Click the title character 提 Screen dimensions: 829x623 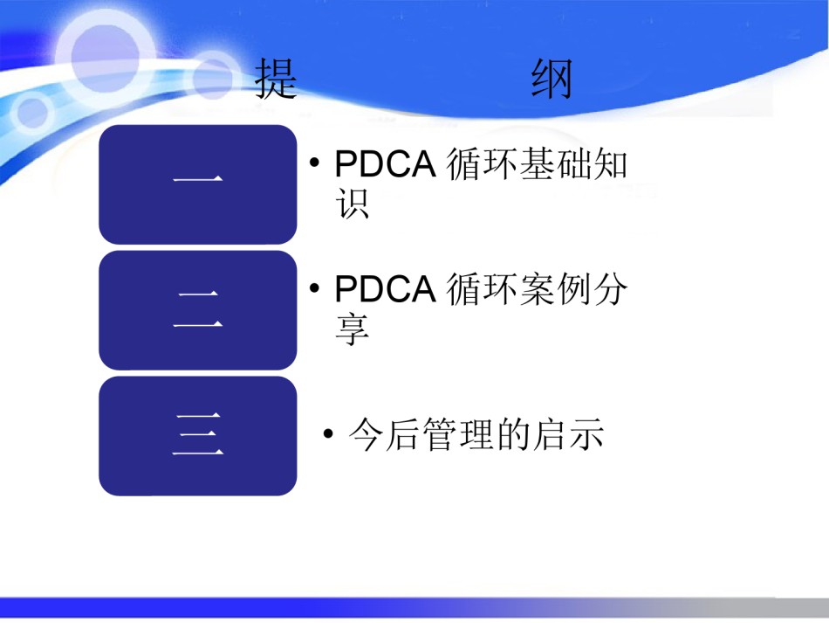point(276,79)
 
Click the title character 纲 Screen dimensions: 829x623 point(552,79)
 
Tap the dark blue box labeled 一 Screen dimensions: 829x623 point(198,184)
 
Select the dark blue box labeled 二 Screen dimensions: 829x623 point(198,310)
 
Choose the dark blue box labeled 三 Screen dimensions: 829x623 point(198,436)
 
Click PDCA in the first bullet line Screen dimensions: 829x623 point(386,163)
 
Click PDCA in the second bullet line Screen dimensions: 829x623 point(386,289)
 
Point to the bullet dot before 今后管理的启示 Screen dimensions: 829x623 point(328,434)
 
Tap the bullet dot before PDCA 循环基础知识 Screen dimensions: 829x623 point(314,162)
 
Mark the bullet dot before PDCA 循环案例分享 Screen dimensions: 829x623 point(314,288)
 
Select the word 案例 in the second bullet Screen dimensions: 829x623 point(556,289)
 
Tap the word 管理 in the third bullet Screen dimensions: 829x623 point(458,434)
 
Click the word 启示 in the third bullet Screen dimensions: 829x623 point(569,434)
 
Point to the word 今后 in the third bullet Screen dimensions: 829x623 point(384,434)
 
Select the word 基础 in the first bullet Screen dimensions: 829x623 point(556,163)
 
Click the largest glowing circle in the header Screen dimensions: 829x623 point(106,57)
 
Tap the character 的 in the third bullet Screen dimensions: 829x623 point(514,434)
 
